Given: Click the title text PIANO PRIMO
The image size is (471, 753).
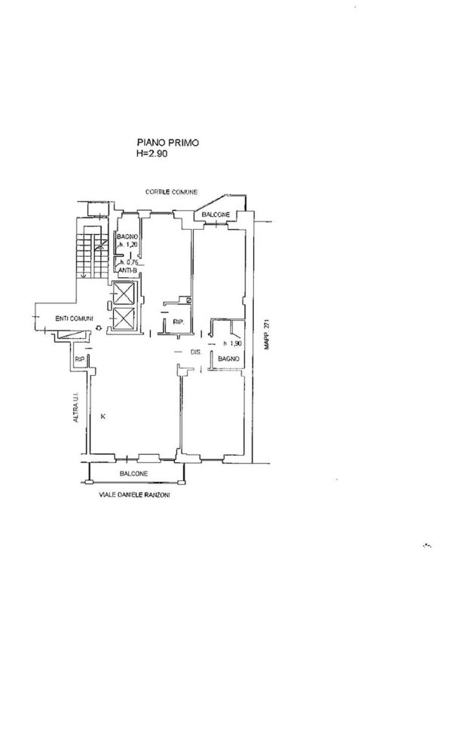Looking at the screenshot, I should pyautogui.click(x=167, y=142).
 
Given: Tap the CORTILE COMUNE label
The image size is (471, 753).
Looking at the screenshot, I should pyautogui.click(x=171, y=193).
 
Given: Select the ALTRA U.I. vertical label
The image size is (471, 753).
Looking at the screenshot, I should pyautogui.click(x=77, y=406).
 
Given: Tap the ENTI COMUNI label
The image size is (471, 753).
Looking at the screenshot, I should pyautogui.click(x=73, y=319).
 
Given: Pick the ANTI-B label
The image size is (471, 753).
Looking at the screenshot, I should pyautogui.click(x=126, y=271).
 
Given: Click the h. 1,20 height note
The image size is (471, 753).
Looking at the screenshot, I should pyautogui.click(x=127, y=245).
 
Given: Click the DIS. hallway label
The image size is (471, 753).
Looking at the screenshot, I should pyautogui.click(x=194, y=354).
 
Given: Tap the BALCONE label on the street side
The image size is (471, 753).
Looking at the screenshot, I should pyautogui.click(x=133, y=474).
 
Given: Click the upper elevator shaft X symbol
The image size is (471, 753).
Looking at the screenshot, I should pyautogui.click(x=124, y=295).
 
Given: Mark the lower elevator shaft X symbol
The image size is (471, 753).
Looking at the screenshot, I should pyautogui.click(x=124, y=320).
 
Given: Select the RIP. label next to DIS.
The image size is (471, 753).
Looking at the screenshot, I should pyautogui.click(x=179, y=323).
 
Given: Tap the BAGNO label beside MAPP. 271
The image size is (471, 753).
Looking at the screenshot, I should pyautogui.click(x=228, y=360).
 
